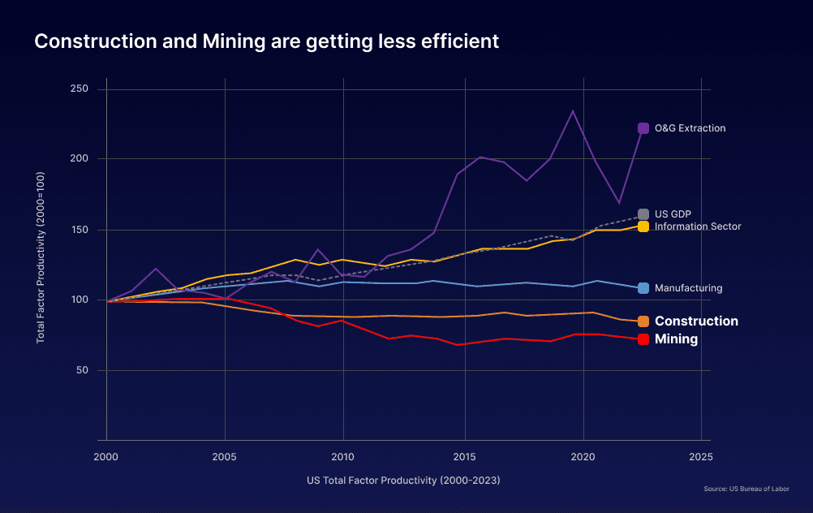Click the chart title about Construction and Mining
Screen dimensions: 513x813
[x=266, y=41]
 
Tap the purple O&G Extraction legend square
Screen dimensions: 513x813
[x=643, y=128]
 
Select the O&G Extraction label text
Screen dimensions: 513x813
[x=690, y=128]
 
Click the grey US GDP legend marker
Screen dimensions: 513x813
[x=643, y=214]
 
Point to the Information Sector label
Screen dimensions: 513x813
[x=698, y=226]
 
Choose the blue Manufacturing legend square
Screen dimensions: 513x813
[x=643, y=288]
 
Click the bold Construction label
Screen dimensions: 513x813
[x=696, y=321]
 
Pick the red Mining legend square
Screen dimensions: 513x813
[x=643, y=339]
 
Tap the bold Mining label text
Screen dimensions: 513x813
[x=676, y=339]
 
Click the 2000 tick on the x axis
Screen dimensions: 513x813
[x=106, y=457]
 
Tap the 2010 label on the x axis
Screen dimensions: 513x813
[x=343, y=457]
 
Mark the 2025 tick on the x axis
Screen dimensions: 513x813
[x=700, y=457]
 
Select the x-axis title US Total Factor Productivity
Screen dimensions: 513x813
[x=403, y=480]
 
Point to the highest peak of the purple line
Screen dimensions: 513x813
[x=573, y=110]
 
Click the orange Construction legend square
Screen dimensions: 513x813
[x=643, y=321]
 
